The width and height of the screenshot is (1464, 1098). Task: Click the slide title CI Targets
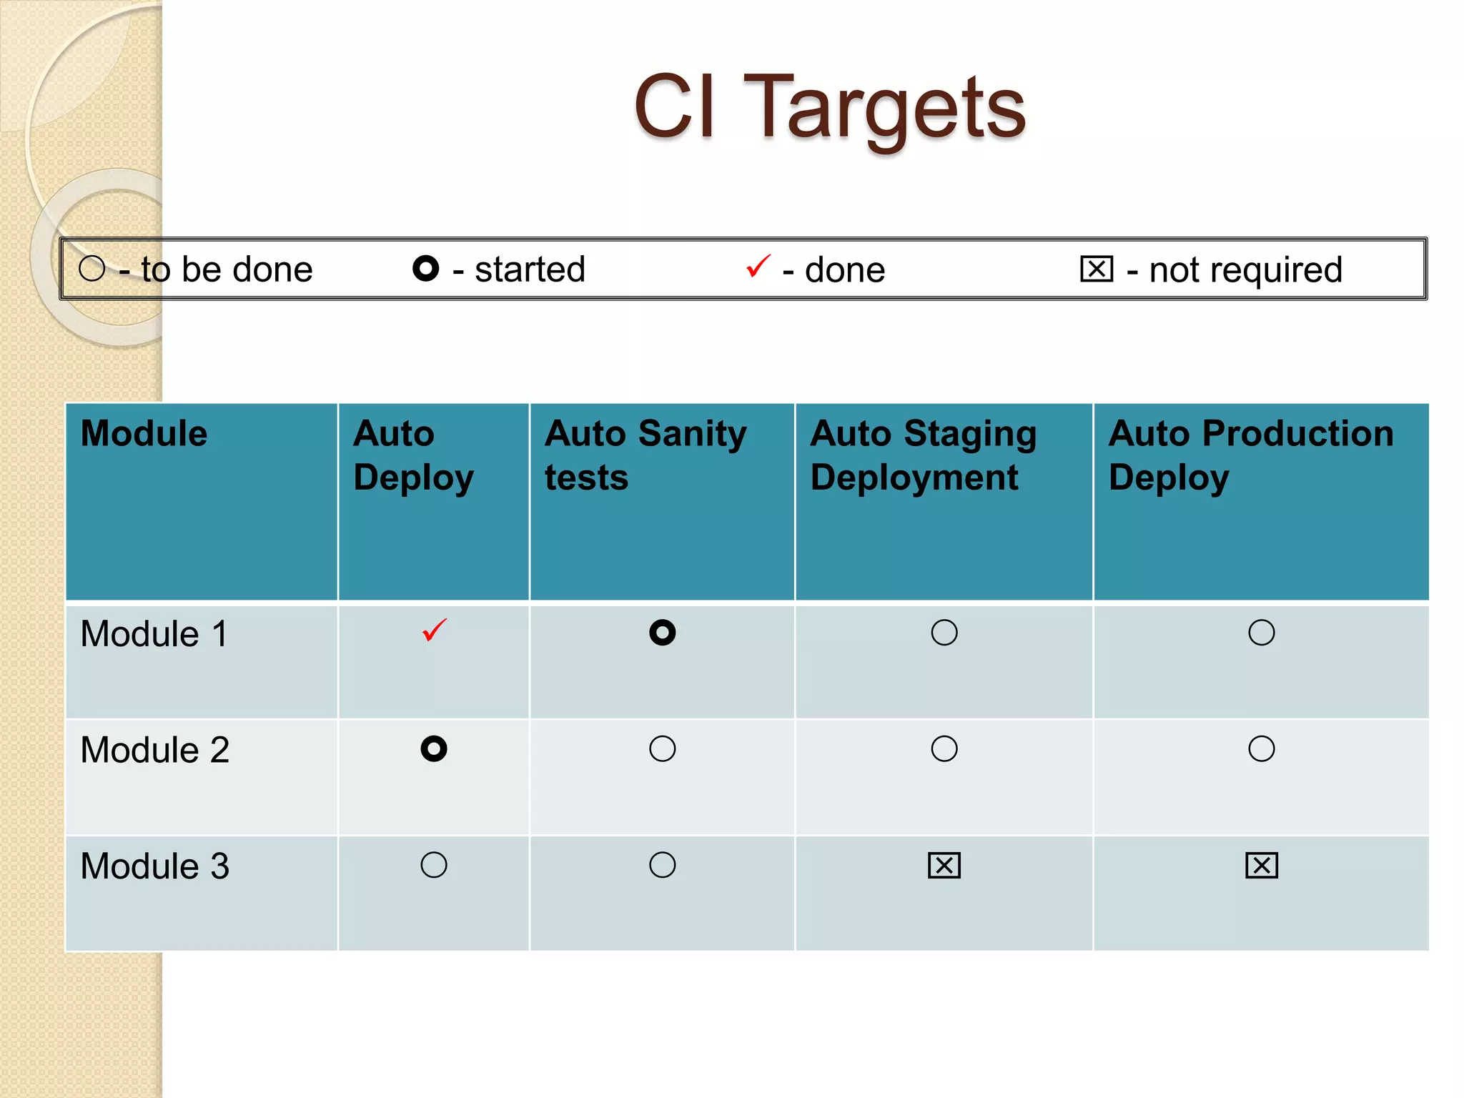(x=829, y=107)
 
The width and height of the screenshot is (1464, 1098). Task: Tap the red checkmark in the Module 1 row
(x=434, y=630)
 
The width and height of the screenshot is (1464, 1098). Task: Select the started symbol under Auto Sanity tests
(x=662, y=633)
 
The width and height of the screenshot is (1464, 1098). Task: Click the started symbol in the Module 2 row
(x=434, y=748)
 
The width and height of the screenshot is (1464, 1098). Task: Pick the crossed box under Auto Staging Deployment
(x=944, y=865)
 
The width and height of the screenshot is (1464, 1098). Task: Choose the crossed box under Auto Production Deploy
(x=1261, y=865)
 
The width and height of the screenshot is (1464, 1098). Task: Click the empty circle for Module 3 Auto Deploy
(x=434, y=865)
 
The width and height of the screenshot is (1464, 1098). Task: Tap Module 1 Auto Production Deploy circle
(x=1261, y=633)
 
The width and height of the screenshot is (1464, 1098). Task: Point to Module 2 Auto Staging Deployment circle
(x=944, y=748)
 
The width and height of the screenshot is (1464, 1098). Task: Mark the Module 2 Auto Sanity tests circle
(x=662, y=748)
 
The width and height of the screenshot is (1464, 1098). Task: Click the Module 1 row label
(x=154, y=634)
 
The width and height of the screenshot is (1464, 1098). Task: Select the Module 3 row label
(x=154, y=866)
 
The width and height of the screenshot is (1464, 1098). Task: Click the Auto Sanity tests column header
(x=645, y=455)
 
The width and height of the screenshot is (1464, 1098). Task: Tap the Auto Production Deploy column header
(x=1250, y=455)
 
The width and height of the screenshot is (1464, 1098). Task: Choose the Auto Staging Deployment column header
(x=923, y=455)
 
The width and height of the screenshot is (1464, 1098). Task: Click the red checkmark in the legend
(x=758, y=267)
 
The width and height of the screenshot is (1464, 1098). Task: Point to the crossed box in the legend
(x=1097, y=269)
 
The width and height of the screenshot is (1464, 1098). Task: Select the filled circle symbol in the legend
(x=425, y=269)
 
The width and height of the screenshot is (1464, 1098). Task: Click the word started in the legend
(x=530, y=269)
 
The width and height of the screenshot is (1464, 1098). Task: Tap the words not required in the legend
(x=1245, y=270)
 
